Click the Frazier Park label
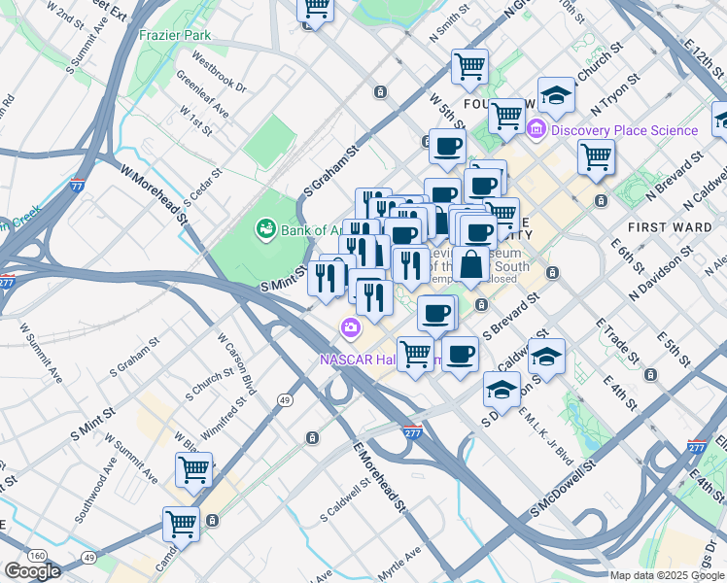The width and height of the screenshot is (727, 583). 175,35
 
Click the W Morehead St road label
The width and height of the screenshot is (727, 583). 154,193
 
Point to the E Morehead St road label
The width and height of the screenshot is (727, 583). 379,477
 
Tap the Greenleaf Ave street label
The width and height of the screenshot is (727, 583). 203,96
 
